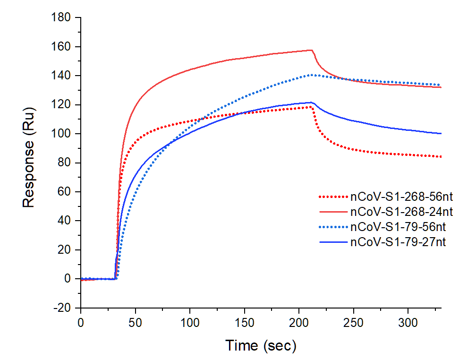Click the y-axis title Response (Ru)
29,163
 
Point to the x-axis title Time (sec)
261,345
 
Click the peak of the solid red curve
312,50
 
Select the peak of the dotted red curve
311,107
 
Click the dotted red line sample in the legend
333,197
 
